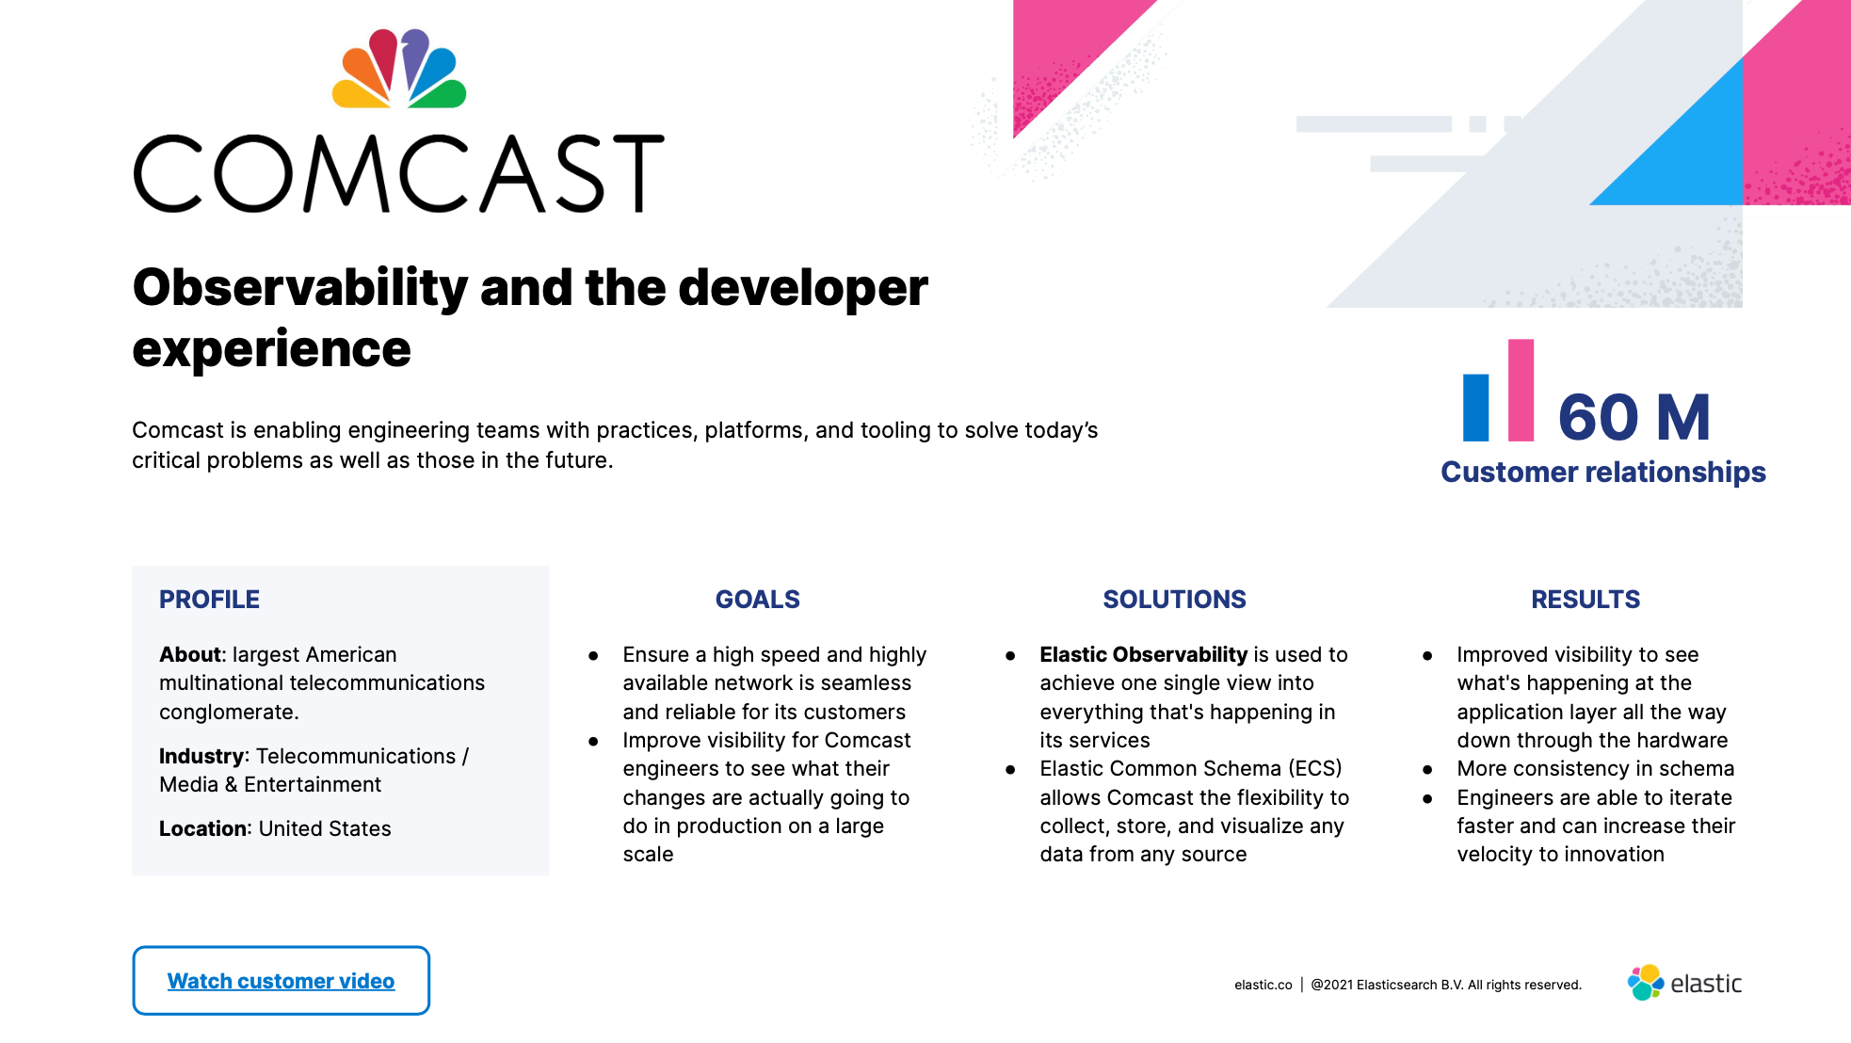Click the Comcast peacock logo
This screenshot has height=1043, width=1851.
coord(399,68)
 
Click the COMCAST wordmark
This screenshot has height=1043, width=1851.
coord(399,174)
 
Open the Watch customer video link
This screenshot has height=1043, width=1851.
coord(281,981)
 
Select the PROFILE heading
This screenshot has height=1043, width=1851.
coord(209,600)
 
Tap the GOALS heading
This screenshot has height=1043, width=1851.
coord(758,600)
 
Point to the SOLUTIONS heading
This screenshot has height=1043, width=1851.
coord(1174,600)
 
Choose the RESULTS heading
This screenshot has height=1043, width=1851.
coord(1585,600)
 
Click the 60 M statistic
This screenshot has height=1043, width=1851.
coord(1634,417)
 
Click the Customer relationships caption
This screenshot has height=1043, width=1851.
coord(1603,472)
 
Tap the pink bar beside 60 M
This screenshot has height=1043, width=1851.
coord(1521,390)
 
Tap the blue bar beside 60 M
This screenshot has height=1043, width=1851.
coord(1476,408)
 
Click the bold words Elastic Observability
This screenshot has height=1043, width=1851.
coord(1143,654)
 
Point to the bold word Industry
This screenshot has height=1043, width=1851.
coord(201,756)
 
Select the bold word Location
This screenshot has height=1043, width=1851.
coord(203,828)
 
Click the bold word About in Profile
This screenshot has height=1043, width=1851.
coord(189,654)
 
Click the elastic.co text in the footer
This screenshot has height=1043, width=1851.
coord(1264,985)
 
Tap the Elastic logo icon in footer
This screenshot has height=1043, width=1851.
coord(1646,983)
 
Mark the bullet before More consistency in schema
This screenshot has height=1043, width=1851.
coord(1427,770)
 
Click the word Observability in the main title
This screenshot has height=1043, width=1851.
coord(300,288)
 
